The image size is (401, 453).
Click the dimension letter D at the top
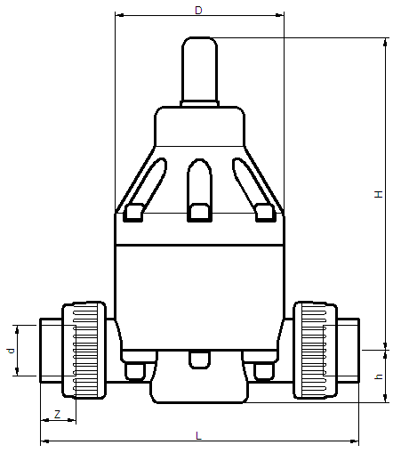[198, 11]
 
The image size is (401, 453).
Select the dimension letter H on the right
[379, 194]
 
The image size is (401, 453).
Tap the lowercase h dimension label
[379, 376]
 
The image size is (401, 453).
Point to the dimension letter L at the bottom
[198, 435]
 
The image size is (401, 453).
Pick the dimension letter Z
[57, 414]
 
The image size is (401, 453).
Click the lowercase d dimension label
[11, 351]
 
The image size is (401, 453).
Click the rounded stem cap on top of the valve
[199, 69]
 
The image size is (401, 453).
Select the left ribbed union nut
[84, 350]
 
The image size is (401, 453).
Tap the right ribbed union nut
[315, 350]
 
